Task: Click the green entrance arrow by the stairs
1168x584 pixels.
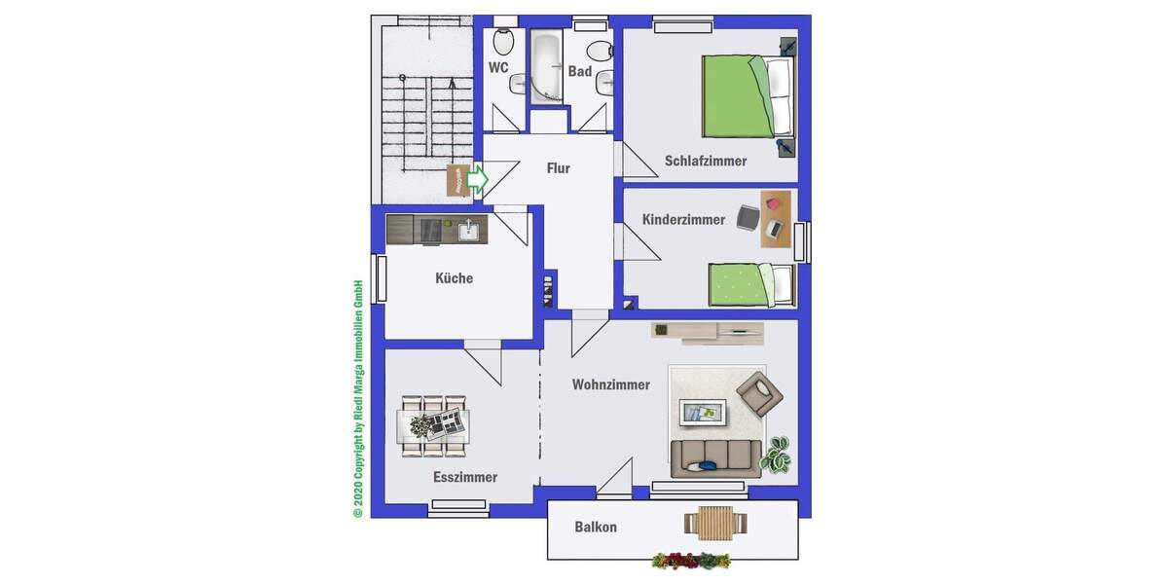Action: click(477, 179)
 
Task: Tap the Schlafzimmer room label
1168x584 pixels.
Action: click(706, 161)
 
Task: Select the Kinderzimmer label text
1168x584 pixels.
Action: click(683, 220)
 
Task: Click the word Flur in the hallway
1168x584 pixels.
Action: click(558, 168)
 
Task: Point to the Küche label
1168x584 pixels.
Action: click(454, 278)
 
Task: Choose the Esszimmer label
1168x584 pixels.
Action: click(465, 477)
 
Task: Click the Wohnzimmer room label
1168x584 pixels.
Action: click(611, 384)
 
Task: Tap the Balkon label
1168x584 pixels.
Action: click(596, 528)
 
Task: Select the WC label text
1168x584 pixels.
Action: click(498, 67)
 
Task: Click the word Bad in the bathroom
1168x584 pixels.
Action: click(580, 71)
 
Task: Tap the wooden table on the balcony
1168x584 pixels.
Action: click(716, 524)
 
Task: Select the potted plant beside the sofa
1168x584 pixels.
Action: click(779, 455)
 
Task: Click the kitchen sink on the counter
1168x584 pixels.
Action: click(468, 230)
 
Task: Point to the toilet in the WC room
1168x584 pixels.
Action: click(503, 41)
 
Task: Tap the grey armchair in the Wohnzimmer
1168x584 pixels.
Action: click(759, 394)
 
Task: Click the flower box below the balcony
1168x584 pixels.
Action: click(691, 561)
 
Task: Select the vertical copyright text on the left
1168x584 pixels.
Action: click(358, 399)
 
